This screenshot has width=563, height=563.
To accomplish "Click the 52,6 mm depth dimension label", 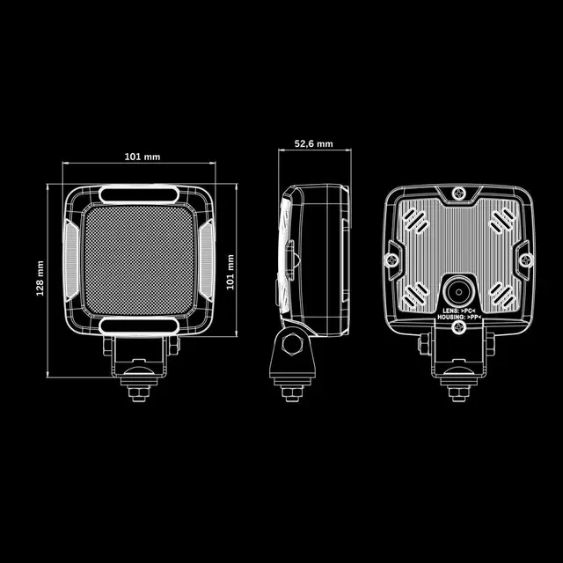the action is pyautogui.click(x=313, y=144).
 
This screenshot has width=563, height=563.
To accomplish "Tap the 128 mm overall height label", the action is pyautogui.click(x=40, y=279).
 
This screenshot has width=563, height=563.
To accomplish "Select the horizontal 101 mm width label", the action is pyautogui.click(x=143, y=157).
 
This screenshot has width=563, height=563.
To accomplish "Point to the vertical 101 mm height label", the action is pyautogui.click(x=230, y=272).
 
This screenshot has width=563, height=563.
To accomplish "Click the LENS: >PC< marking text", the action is pyautogui.click(x=459, y=311).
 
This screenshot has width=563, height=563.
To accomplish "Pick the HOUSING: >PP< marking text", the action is pyautogui.click(x=459, y=318).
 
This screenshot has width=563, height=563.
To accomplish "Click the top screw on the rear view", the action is pyautogui.click(x=459, y=194).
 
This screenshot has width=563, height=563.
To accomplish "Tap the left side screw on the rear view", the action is pyautogui.click(x=391, y=260).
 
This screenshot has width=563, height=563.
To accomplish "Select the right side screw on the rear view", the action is pyautogui.click(x=526, y=260).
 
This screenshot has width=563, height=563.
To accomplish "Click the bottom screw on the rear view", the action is pyautogui.click(x=459, y=327).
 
